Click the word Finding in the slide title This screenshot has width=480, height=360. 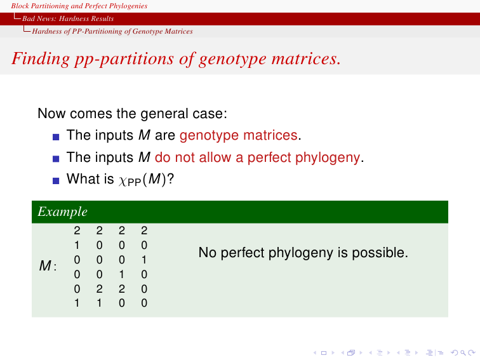point(41,59)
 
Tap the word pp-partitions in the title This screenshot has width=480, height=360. point(124,60)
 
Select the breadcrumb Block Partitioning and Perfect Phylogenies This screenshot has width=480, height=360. point(79,6)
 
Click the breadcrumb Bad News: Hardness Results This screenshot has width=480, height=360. point(68,18)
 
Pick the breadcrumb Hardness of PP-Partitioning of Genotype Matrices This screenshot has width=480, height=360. point(112,31)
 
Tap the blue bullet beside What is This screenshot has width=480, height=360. point(56,180)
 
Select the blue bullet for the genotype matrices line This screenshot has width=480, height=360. point(56,137)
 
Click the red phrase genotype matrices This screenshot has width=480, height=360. point(239,135)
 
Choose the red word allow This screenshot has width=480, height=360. point(215,157)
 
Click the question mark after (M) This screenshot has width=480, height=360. point(171,179)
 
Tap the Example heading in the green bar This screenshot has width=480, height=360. point(62,212)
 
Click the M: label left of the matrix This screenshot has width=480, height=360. point(48,265)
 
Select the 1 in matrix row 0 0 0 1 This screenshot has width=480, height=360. point(144,260)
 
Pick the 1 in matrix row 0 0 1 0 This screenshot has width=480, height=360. point(122,274)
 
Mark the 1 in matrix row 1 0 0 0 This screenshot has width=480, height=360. point(77,245)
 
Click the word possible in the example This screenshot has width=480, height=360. point(380,253)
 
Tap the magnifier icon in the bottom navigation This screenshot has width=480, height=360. point(463,353)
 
